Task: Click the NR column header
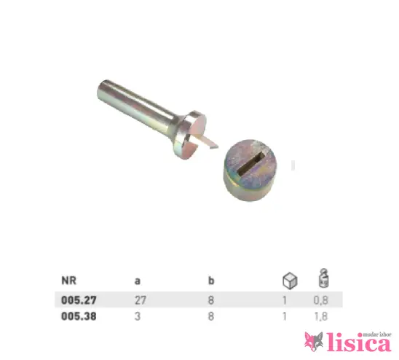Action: pos(68,281)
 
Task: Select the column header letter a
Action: pos(138,281)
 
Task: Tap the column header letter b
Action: pos(211,281)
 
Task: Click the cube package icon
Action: pos(290,281)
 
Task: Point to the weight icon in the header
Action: pos(324,278)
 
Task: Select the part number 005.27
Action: pos(79,300)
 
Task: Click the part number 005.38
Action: pos(79,316)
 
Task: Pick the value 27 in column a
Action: pos(141,300)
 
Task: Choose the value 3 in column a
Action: pos(138,316)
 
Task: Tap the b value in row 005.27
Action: pos(211,300)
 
